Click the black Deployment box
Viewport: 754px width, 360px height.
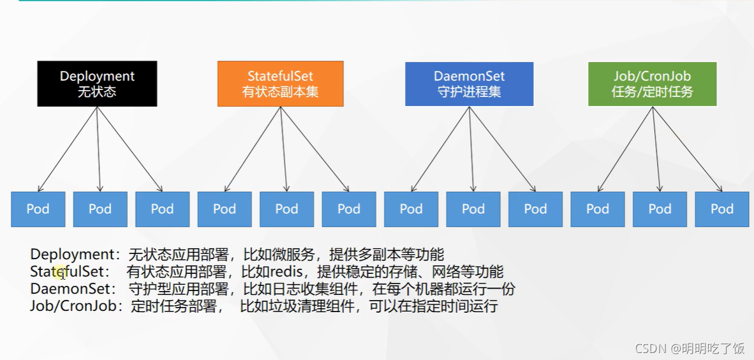pyautogui.click(x=97, y=83)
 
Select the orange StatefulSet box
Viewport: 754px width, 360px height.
pyautogui.click(x=280, y=83)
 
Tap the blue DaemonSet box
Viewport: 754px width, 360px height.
pyautogui.click(x=469, y=83)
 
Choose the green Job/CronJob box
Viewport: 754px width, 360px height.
pyautogui.click(x=652, y=83)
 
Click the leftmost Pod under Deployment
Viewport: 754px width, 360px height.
pyautogui.click(x=38, y=209)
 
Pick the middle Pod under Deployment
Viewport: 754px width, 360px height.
pyautogui.click(x=100, y=209)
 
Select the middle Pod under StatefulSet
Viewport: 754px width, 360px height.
pyautogui.click(x=286, y=209)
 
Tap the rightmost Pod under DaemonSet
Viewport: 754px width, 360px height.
pyautogui.click(x=535, y=209)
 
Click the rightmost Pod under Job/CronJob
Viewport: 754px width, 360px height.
pyautogui.click(x=722, y=209)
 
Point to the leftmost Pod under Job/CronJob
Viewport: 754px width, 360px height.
pyautogui.click(x=598, y=209)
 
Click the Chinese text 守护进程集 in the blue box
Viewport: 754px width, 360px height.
pyautogui.click(x=469, y=91)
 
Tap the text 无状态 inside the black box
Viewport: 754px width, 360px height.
pyautogui.click(x=97, y=91)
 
